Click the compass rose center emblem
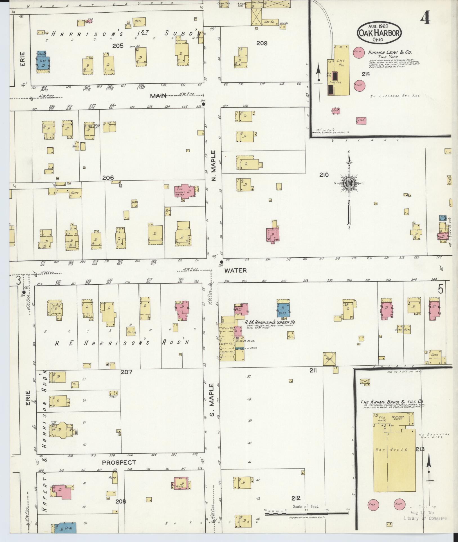tap(349, 183)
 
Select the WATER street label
tap(235, 270)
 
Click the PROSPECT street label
tap(119, 462)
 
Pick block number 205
tap(118, 45)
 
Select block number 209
tap(262, 43)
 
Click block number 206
tap(108, 177)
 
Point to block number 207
tap(126, 372)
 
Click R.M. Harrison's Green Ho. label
tap(270, 322)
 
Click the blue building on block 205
tap(43, 62)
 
